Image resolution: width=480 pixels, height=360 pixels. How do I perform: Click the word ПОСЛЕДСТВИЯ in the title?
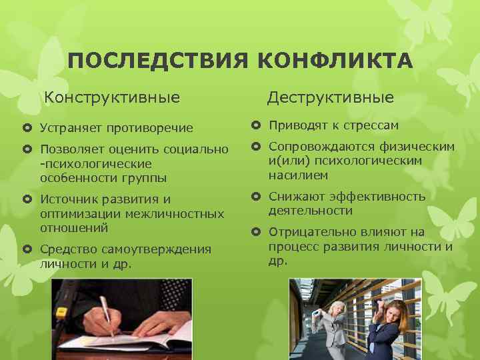158,62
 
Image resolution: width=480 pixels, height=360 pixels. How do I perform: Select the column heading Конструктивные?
112,98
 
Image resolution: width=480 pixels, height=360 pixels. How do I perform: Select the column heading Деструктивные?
331,98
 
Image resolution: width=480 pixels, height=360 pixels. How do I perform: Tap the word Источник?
69,199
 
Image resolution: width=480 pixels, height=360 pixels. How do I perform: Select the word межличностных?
179,213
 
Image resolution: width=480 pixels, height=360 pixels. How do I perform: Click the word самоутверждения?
155,249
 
